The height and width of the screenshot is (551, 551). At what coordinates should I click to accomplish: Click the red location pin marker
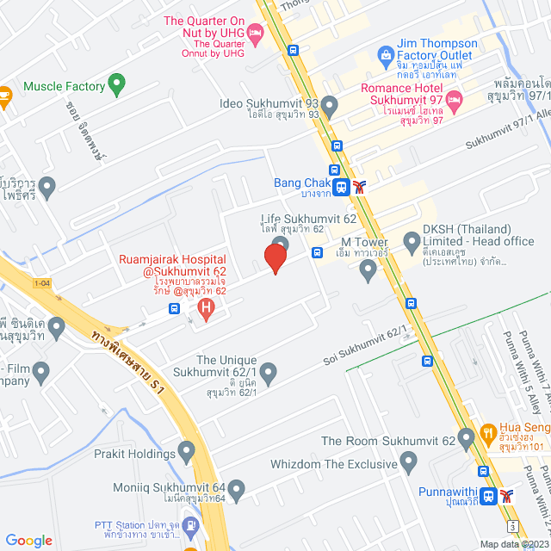[275, 257]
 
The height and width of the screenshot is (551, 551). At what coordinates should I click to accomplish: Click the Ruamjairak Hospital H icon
[205, 306]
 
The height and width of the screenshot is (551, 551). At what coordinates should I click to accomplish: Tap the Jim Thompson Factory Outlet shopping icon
[387, 57]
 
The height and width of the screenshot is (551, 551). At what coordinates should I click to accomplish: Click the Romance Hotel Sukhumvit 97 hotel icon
[455, 101]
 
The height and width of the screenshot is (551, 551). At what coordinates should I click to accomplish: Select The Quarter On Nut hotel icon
[255, 32]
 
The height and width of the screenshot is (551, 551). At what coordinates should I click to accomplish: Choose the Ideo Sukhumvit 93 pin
[328, 103]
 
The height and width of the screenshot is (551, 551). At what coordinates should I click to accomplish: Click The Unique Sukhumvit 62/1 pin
[269, 374]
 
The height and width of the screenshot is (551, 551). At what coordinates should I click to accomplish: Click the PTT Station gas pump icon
[191, 523]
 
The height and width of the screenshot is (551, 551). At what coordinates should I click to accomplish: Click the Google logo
[28, 540]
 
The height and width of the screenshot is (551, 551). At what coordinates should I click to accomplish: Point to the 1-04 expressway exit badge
[42, 283]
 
